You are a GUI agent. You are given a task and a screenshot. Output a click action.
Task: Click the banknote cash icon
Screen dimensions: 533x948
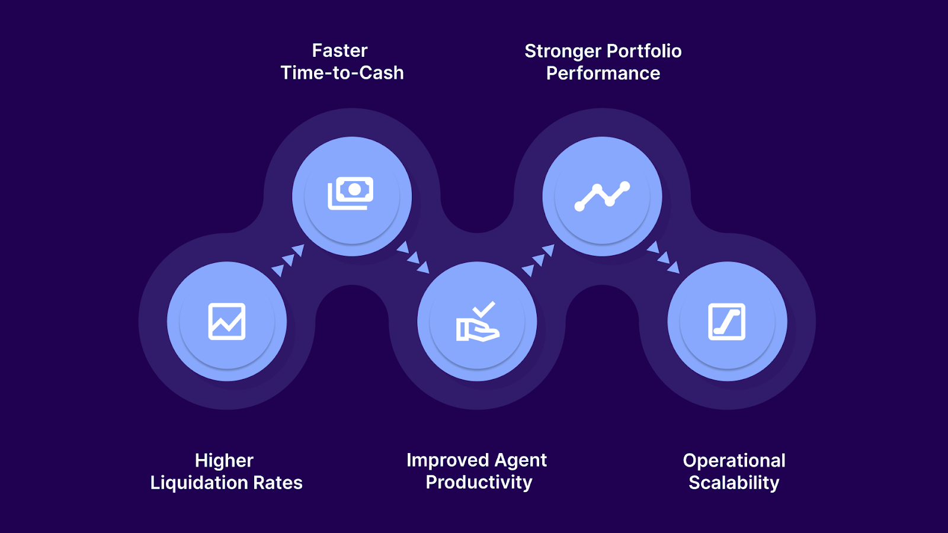[x=351, y=193]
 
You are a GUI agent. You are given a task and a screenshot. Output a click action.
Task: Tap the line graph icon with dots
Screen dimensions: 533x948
[x=602, y=196]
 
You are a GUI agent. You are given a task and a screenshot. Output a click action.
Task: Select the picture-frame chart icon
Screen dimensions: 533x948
[x=227, y=322]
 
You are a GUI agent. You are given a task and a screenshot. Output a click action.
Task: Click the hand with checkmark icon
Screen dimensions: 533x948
[x=478, y=322]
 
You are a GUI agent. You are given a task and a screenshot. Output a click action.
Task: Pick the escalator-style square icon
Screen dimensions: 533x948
[x=727, y=322]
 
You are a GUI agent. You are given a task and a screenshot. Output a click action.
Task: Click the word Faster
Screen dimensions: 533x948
[x=340, y=51]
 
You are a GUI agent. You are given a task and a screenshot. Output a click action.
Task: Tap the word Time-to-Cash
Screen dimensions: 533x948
[x=342, y=73]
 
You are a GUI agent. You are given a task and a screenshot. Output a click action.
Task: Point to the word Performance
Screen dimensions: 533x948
[x=603, y=73]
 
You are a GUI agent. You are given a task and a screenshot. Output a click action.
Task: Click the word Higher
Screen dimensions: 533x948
[x=224, y=461]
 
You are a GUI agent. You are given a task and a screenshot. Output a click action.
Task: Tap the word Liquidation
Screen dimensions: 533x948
[x=198, y=483]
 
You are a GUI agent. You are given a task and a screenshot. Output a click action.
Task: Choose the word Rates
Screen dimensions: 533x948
[x=277, y=483]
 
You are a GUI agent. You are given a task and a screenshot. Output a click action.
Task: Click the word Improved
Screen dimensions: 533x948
[x=447, y=460]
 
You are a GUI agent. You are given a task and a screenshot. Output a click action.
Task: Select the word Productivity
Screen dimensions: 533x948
[x=479, y=482]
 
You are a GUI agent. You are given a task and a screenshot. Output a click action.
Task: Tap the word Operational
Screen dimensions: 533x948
[x=734, y=461]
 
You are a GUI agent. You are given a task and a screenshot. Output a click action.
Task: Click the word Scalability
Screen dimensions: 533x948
[x=734, y=483]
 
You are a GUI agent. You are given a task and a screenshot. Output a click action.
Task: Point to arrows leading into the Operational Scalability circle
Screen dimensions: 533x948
[x=662, y=257]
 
